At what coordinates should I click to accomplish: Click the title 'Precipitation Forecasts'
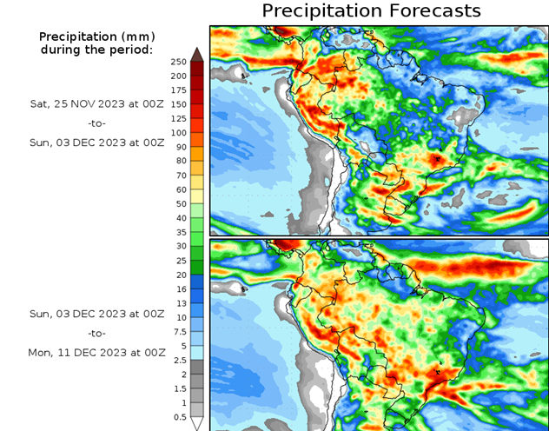click(371, 11)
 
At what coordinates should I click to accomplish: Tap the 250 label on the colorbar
click(179, 62)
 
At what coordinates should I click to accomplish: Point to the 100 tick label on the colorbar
click(179, 132)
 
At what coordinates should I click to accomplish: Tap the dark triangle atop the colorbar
click(197, 54)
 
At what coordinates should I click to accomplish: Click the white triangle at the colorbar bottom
click(197, 423)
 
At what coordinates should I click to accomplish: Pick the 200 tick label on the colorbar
click(179, 76)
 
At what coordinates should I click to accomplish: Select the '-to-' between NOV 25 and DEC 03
click(96, 123)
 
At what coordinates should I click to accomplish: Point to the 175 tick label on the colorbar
click(179, 90)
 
